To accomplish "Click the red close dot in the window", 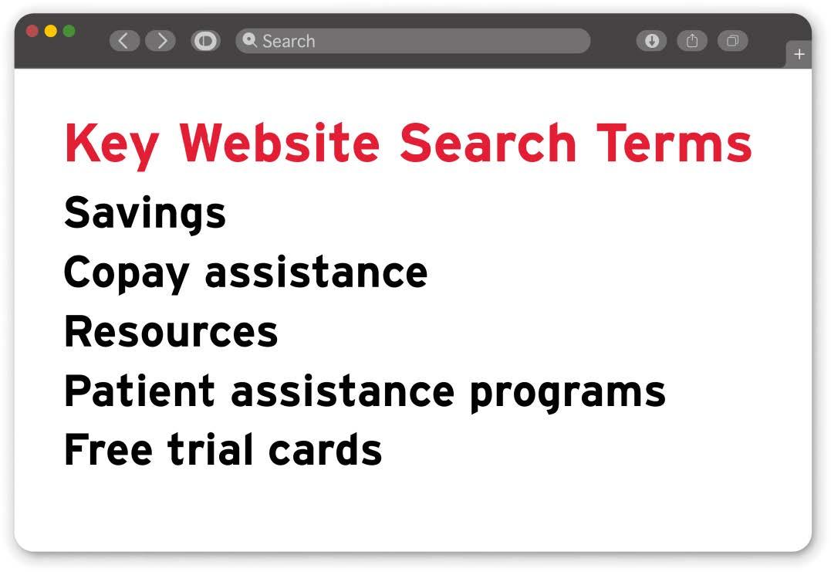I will [x=32, y=31].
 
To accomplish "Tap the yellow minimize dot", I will [x=51, y=31].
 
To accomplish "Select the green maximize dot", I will [x=69, y=31].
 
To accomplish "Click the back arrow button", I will [x=124, y=41].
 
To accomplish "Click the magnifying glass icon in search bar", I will [x=249, y=40].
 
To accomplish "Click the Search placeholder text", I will [x=289, y=41].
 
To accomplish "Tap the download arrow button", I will [x=651, y=41].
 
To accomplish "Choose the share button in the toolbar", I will [x=692, y=41].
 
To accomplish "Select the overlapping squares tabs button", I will [x=732, y=41].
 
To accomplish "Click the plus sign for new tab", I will [x=799, y=55].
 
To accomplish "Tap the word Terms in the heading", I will [x=674, y=143].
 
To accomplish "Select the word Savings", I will [x=145, y=212].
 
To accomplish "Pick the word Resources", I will [x=171, y=331].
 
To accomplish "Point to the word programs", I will [x=567, y=393].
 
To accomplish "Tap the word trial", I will [x=211, y=448].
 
